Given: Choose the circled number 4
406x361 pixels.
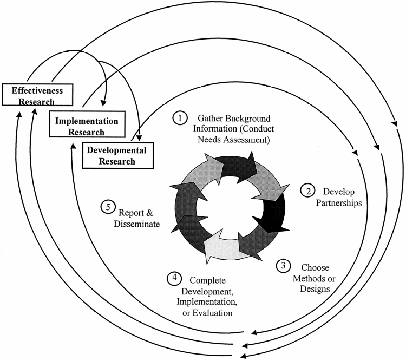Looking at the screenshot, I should pyautogui.click(x=174, y=279).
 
